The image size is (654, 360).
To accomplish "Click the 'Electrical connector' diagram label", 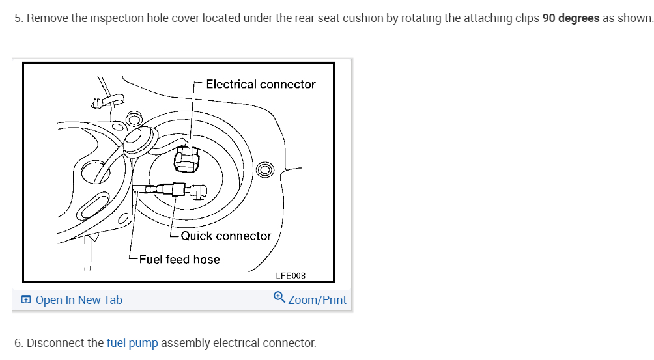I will tap(261, 84).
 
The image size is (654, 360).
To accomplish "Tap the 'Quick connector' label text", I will tap(226, 236).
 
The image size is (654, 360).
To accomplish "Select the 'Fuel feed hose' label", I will tap(180, 259).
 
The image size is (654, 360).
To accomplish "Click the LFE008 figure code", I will tap(291, 276).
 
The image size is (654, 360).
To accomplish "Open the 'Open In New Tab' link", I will tap(79, 300).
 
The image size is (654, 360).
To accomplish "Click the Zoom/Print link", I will tap(317, 300).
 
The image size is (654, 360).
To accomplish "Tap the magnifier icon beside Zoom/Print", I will tap(279, 298).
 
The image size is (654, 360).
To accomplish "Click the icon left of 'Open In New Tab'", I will tap(25, 300).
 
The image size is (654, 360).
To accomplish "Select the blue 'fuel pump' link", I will tap(132, 343).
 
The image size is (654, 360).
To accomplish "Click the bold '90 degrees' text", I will tap(571, 18).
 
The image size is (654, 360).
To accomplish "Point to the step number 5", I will tap(18, 18).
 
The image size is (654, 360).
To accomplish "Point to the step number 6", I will tap(18, 343).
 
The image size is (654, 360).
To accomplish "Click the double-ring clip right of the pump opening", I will tap(266, 171).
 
